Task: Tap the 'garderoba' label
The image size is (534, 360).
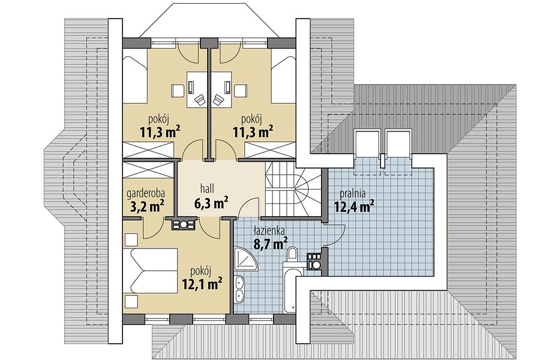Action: click(146, 193)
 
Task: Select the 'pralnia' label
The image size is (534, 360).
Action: click(352, 194)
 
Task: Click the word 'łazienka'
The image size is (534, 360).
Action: click(269, 230)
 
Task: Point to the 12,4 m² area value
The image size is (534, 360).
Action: click(354, 206)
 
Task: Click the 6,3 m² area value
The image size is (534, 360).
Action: click(211, 203)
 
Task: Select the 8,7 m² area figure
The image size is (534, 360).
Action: click(271, 243)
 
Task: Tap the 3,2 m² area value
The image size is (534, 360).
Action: click(148, 206)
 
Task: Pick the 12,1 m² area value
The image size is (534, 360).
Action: click(202, 283)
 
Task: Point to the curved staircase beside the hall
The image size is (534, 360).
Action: click(293, 190)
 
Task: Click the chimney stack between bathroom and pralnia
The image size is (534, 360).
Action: click(314, 261)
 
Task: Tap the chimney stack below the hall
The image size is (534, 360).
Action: click(184, 224)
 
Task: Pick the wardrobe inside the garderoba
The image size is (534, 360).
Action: click(148, 169)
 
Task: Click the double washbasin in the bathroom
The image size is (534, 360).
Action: click(240, 289)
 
